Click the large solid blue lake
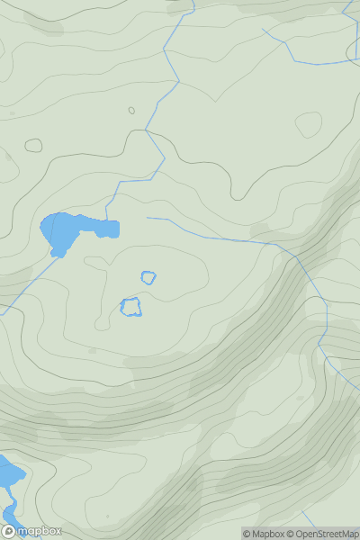[x=62, y=231]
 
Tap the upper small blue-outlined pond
[x=148, y=277]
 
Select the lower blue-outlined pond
[x=131, y=307]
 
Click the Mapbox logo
[x=31, y=531]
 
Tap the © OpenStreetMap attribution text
[x=322, y=534]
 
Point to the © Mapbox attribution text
[x=263, y=534]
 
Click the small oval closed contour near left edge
[x=33, y=145]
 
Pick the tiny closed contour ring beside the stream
[x=131, y=111]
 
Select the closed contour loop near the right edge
[x=309, y=124]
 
